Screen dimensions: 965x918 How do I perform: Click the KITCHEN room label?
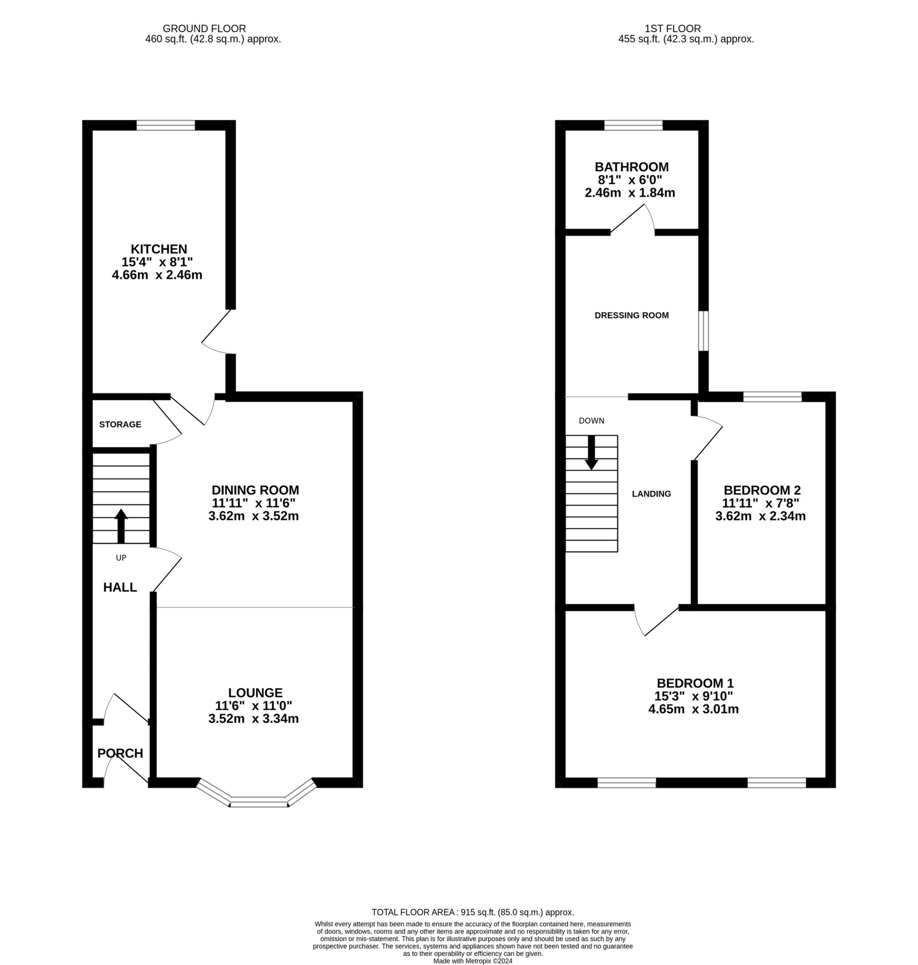click(x=159, y=249)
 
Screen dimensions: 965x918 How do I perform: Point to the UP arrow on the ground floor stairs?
click(x=121, y=526)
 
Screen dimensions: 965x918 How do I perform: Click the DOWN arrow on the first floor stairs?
click(x=591, y=452)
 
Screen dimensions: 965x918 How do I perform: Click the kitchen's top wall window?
click(x=165, y=126)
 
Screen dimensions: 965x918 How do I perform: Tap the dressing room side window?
click(x=703, y=331)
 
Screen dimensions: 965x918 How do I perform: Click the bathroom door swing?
click(x=634, y=220)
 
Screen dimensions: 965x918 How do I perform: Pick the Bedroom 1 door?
click(x=656, y=622)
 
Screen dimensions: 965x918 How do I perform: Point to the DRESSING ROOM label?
click(x=631, y=315)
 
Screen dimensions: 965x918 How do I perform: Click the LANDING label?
click(x=651, y=494)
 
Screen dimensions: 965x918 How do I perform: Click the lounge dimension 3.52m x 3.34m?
click(x=253, y=719)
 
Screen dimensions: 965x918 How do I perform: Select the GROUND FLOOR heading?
click(x=204, y=29)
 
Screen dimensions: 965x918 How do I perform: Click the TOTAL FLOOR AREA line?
click(x=472, y=912)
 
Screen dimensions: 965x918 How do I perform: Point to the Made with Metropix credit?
click(x=472, y=960)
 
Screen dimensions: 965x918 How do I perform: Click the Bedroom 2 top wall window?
click(x=772, y=397)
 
